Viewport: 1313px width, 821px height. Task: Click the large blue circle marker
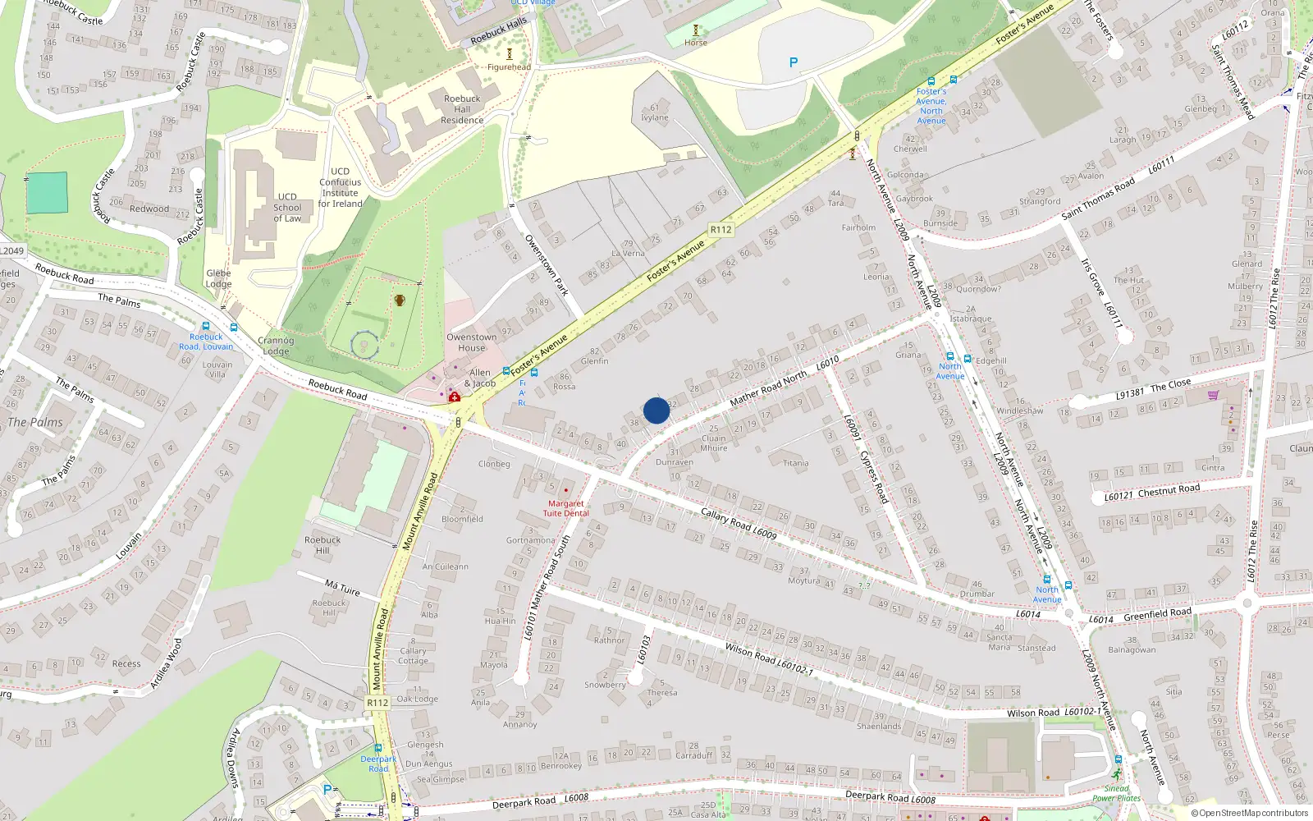tap(656, 410)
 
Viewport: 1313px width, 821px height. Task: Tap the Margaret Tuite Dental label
tap(565, 508)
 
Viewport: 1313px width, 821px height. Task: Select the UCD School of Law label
tap(287, 208)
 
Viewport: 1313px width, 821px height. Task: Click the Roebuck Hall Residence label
tap(462, 109)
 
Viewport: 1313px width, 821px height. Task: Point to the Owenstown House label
tap(471, 342)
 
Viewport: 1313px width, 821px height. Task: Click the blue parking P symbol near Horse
tap(793, 62)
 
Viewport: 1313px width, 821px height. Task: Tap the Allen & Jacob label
tap(480, 378)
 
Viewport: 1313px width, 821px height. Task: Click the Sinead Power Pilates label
tap(1116, 793)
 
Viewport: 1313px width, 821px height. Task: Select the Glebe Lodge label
tap(218, 278)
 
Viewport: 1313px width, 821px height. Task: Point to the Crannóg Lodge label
tap(276, 346)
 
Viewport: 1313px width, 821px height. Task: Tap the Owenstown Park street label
tap(547, 264)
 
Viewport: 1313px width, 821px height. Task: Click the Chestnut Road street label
tap(1169, 490)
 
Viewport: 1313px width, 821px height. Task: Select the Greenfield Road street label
tap(1157, 614)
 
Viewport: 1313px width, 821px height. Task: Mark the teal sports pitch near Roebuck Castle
tap(47, 193)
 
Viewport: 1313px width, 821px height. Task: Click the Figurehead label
tap(509, 67)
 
